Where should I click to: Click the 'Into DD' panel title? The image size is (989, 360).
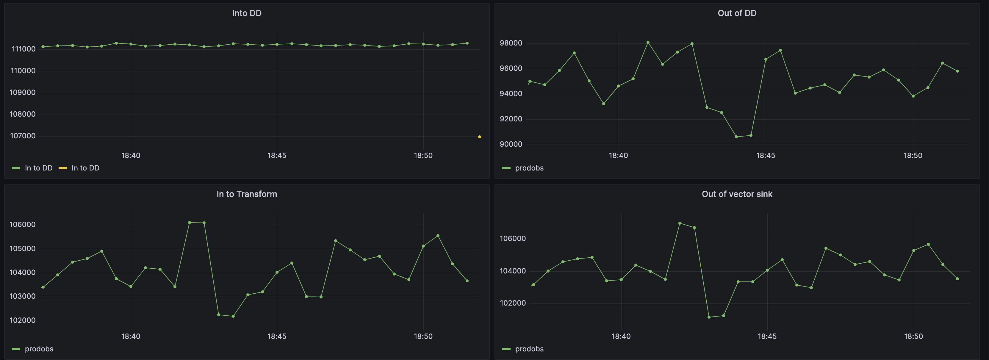pyautogui.click(x=246, y=13)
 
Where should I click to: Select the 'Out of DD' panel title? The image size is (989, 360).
pyautogui.click(x=737, y=13)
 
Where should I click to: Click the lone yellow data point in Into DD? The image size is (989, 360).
pyautogui.click(x=479, y=137)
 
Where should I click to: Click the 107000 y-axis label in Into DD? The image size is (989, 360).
pyautogui.click(x=23, y=136)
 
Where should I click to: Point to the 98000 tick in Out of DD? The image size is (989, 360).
pyautogui.click(x=511, y=43)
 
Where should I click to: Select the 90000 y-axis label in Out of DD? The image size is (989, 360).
pyautogui.click(x=511, y=144)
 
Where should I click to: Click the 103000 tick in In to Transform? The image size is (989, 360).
pyautogui.click(x=23, y=296)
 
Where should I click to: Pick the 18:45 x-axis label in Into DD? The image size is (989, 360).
pyautogui.click(x=276, y=155)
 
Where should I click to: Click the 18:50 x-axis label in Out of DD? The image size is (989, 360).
pyautogui.click(x=913, y=155)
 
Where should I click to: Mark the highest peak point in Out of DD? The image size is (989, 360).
pyautogui.click(x=648, y=42)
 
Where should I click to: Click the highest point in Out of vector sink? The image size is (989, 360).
pyautogui.click(x=680, y=223)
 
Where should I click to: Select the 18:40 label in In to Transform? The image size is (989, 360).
pyautogui.click(x=131, y=336)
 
